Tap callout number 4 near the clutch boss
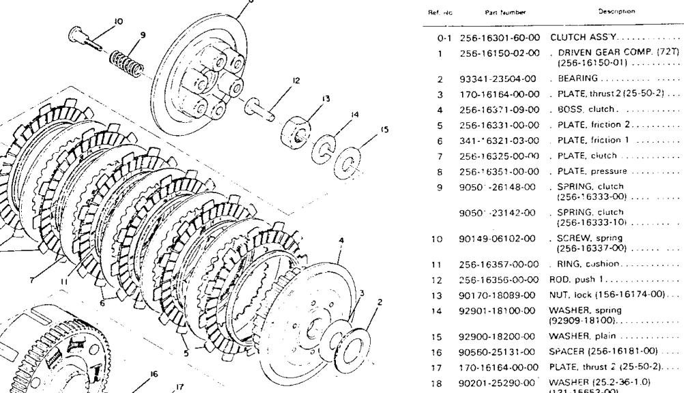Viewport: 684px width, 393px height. pos(341,240)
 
